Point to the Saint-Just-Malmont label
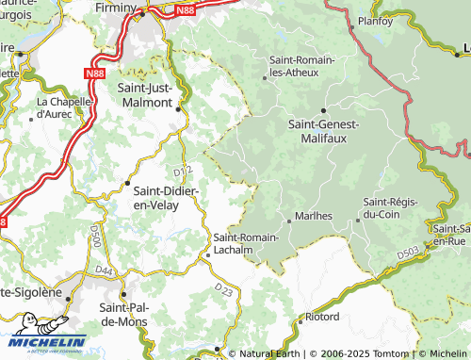[144, 94]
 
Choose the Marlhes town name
[314, 216]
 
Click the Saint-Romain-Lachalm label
[246, 243]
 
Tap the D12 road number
[184, 171]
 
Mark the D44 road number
[105, 271]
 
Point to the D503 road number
[408, 253]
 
